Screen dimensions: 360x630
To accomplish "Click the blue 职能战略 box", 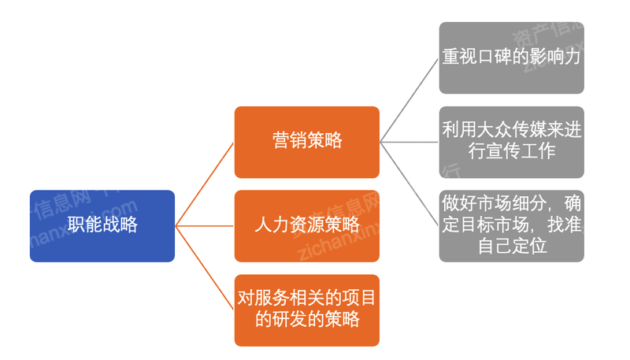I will (x=102, y=226).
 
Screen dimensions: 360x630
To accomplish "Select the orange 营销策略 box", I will (x=306, y=142).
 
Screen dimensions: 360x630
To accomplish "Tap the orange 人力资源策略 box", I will (x=306, y=226).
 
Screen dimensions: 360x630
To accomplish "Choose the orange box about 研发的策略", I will (x=306, y=310).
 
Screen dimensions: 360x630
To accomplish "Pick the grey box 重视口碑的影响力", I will (x=511, y=58).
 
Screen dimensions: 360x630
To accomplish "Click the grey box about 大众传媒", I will (x=511, y=142).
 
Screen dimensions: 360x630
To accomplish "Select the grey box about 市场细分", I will (x=511, y=226).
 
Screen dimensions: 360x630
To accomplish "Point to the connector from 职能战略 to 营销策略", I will (x=205, y=184).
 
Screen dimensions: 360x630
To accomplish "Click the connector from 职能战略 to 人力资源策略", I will (x=205, y=226).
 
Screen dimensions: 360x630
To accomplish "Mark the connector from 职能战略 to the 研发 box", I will (x=205, y=268).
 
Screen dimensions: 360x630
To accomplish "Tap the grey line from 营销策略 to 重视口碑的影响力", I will (x=409, y=100).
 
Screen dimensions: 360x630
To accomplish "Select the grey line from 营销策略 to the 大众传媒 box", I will (x=409, y=143).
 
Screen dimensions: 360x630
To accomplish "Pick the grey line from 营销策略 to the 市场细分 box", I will (x=409, y=184).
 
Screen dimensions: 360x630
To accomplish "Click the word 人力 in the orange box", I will (x=272, y=226).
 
